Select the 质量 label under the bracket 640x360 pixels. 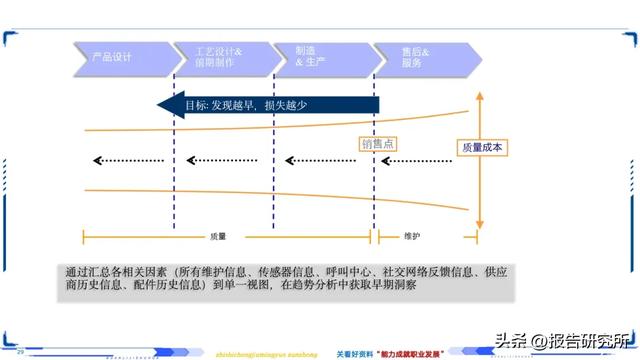(218, 237)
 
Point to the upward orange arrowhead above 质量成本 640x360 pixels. (481, 96)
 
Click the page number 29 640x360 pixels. (20, 350)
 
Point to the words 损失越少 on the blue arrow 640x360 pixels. (292, 105)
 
